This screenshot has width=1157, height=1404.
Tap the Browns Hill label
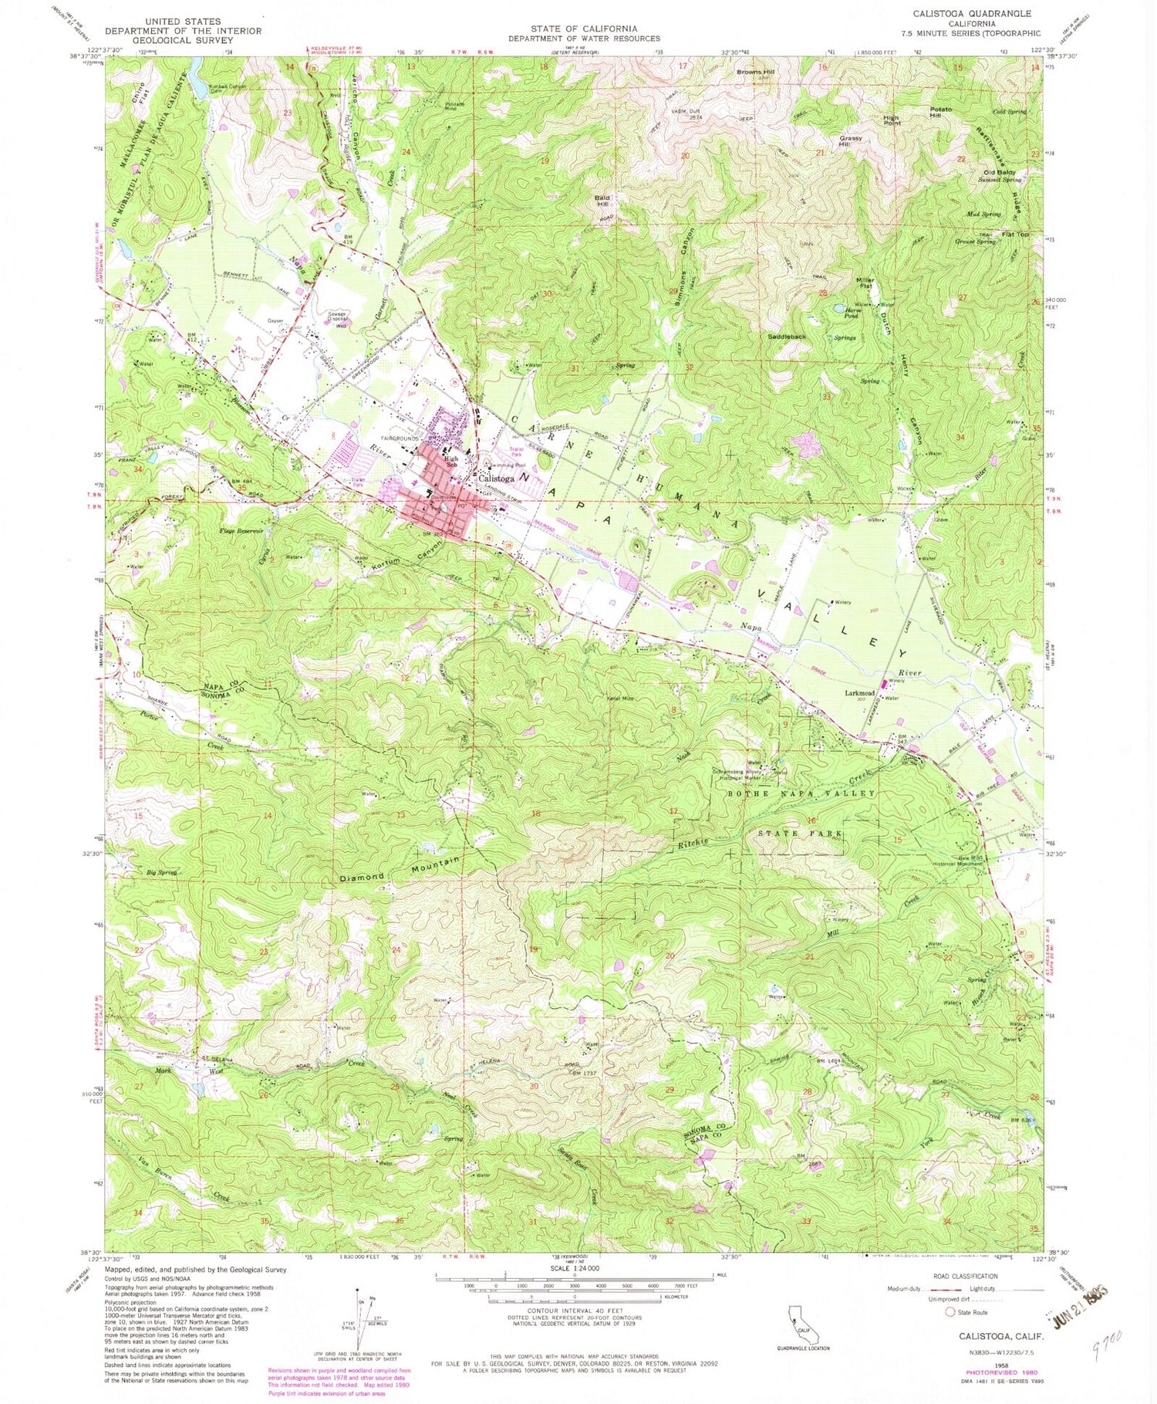(755, 72)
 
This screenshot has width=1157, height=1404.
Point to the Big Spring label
(162, 872)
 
